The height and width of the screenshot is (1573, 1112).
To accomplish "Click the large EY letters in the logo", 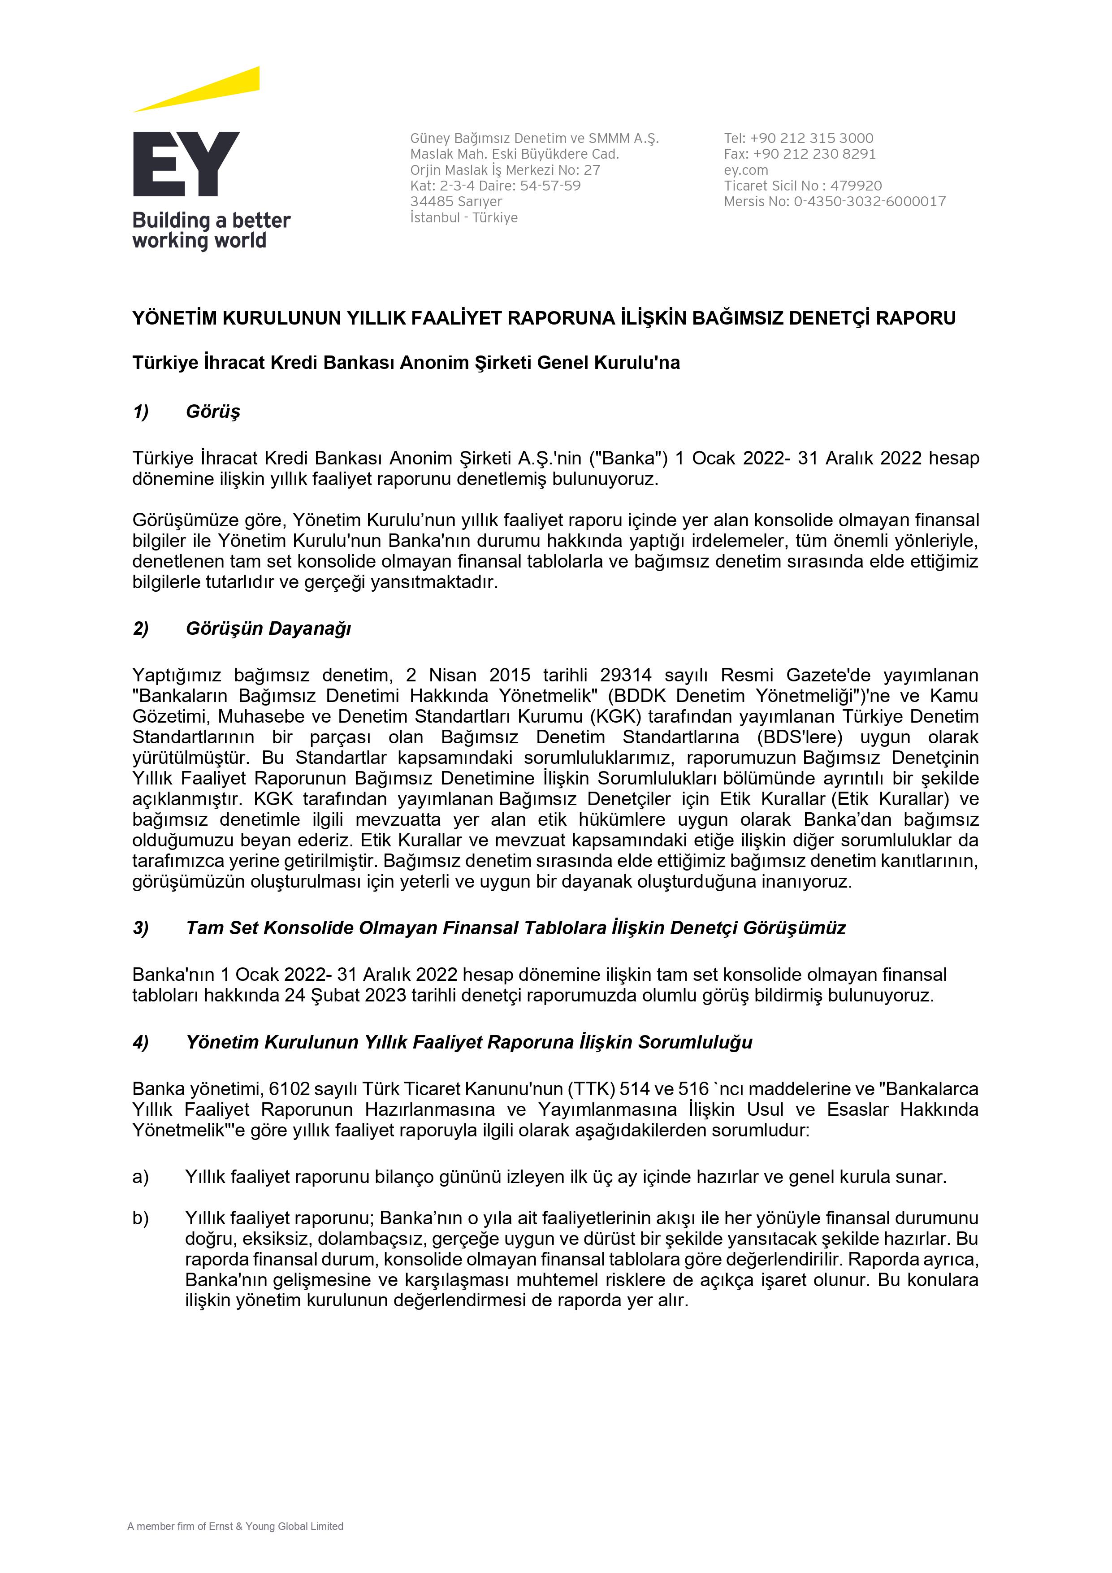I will tap(186, 165).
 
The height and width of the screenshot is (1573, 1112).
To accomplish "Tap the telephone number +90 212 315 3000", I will tap(811, 139).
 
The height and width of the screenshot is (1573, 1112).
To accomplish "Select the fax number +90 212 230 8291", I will tap(814, 154).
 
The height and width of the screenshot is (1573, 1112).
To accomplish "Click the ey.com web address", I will tap(746, 170).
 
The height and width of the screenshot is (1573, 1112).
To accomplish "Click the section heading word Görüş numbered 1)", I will tap(213, 412).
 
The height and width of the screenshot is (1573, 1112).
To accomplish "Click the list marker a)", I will tap(140, 1177).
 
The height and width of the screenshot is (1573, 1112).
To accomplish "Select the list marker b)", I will tap(140, 1218).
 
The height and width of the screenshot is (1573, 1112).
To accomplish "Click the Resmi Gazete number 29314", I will tap(626, 676).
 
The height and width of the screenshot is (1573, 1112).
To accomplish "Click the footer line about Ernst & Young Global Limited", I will tap(235, 1526).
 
